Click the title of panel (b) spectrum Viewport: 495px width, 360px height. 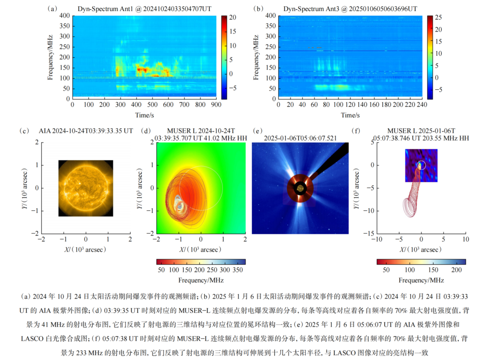350,9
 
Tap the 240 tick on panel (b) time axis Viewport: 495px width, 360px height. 422,105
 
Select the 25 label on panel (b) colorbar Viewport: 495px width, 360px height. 438,16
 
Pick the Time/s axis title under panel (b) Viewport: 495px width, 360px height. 350,115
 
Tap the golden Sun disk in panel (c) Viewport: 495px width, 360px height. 86,188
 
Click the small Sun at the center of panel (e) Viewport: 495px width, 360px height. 300,188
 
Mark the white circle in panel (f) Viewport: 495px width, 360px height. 421,165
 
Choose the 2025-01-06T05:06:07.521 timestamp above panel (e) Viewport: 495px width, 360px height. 300,138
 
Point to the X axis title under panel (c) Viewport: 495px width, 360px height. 86,249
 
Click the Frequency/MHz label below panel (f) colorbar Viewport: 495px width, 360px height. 421,280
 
